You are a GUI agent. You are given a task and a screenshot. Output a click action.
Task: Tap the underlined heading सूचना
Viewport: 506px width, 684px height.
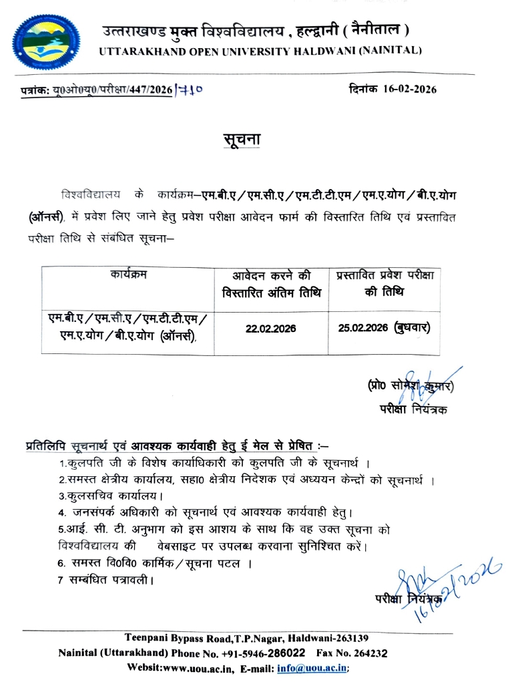click(242, 140)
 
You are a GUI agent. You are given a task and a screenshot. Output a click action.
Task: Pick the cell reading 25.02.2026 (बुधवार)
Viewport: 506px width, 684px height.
click(383, 329)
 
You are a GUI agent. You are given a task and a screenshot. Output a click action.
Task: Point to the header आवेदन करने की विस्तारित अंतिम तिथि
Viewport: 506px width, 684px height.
click(271, 283)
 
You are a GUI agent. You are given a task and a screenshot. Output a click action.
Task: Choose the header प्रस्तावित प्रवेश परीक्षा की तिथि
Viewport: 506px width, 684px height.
click(384, 283)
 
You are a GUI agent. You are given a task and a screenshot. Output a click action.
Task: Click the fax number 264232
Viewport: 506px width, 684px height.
click(368, 653)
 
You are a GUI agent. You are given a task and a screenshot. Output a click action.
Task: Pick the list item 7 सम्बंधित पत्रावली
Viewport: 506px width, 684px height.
click(106, 580)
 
